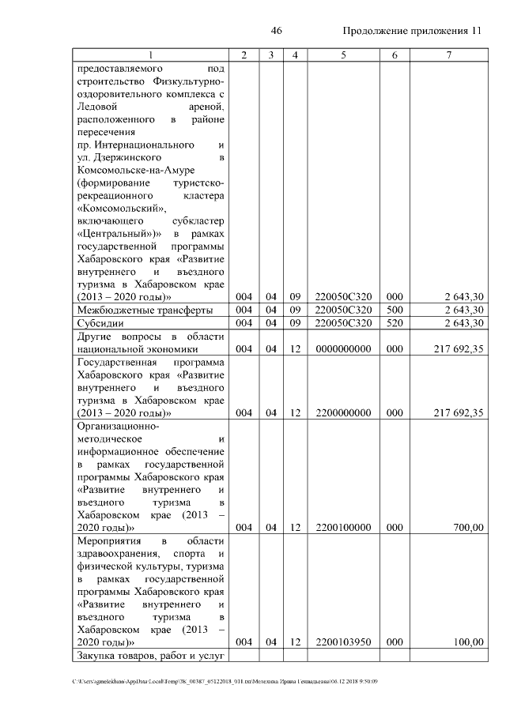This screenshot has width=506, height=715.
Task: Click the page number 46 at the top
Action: (x=277, y=31)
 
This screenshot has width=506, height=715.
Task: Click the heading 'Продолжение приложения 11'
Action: (x=412, y=32)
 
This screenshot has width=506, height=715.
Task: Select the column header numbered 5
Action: (x=343, y=55)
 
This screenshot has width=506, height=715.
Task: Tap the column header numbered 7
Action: (x=448, y=55)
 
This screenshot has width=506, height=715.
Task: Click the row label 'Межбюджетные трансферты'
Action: (x=145, y=310)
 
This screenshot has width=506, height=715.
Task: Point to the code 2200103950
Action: (x=343, y=642)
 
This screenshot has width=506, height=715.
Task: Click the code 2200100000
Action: (x=343, y=528)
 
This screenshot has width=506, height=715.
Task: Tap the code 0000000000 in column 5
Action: (x=343, y=348)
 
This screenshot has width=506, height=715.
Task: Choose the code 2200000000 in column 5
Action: (x=343, y=412)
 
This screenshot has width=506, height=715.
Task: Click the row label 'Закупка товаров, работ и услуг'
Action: (x=151, y=655)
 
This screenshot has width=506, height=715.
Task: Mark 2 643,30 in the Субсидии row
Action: (x=463, y=323)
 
